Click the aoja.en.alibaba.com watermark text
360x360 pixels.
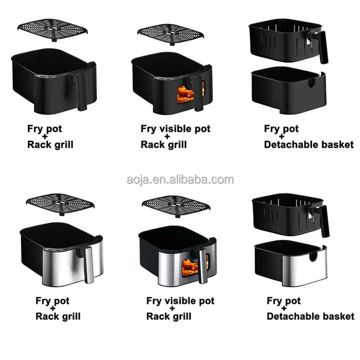[180, 180]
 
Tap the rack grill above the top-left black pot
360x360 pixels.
[52, 30]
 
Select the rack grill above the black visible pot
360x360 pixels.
[170, 34]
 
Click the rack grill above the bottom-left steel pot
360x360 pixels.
[60, 204]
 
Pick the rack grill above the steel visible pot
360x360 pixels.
[176, 206]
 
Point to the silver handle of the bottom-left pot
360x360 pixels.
[89, 264]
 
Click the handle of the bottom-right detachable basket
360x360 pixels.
[321, 219]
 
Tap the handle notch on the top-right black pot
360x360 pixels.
[311, 83]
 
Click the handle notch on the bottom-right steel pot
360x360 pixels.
[313, 256]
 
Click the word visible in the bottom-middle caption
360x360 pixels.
[180, 300]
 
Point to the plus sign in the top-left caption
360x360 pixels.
[45, 136]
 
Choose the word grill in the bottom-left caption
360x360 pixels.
[71, 317]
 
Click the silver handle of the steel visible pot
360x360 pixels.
[203, 266]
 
